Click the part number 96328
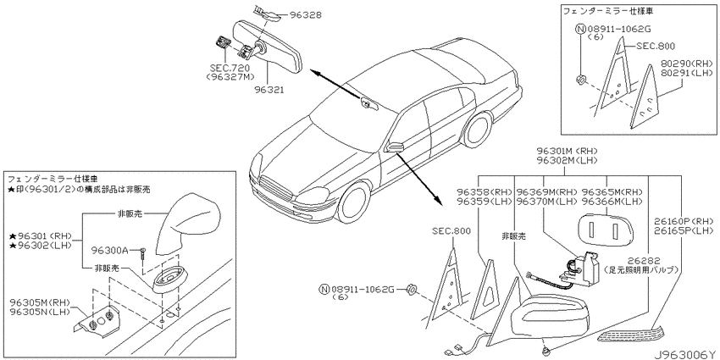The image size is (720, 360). click(x=305, y=15)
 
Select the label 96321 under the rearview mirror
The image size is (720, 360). click(x=269, y=90)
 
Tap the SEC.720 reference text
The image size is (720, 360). click(x=227, y=69)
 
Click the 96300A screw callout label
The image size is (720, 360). click(x=109, y=250)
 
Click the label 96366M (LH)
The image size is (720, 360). click(x=612, y=200)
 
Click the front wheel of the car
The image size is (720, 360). click(x=353, y=202)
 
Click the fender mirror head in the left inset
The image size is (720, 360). click(x=187, y=222)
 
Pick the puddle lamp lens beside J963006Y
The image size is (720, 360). click(x=631, y=334)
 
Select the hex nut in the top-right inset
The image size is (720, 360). click(x=580, y=81)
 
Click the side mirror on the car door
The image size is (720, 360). click(x=396, y=147)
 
